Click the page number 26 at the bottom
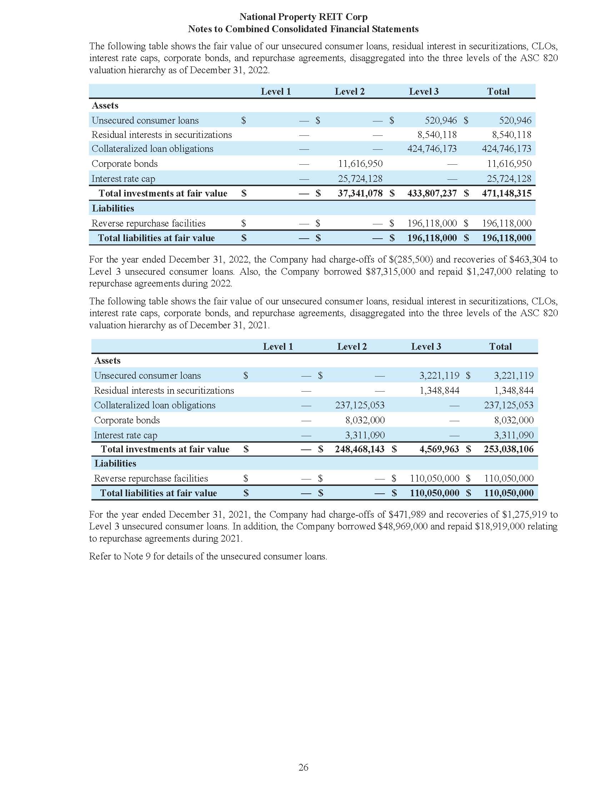[x=303, y=767]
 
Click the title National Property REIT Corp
[x=303, y=17]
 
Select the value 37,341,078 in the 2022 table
[x=360, y=193]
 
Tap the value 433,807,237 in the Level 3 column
[x=432, y=193]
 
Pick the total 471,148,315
[x=506, y=193]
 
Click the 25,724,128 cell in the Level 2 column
[x=360, y=179]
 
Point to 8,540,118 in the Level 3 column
[x=437, y=135]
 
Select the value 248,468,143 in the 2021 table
[x=360, y=449]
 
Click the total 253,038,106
[x=508, y=449]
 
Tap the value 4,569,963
[x=439, y=449]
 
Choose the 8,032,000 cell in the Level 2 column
[x=365, y=420]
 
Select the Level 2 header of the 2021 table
[x=352, y=347]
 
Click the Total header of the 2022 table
[x=498, y=91]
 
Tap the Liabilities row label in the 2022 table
[x=113, y=208]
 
